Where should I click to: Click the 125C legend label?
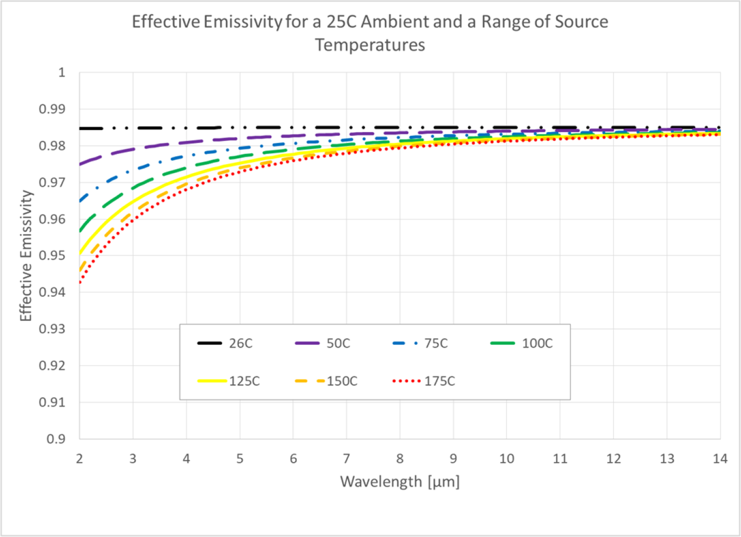pos(244,381)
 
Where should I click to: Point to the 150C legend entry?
pos(342,381)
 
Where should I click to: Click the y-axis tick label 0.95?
pos(52,255)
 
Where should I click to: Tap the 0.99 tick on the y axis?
pos(52,109)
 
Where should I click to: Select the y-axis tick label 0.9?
pos(56,439)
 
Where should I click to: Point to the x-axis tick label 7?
pos(346,459)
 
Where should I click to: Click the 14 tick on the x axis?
pos(720,459)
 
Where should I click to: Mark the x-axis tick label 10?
pos(506,459)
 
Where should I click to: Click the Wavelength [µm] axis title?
pos(400,482)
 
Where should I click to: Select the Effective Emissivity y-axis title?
pos(26,255)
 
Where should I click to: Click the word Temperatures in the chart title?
pos(370,45)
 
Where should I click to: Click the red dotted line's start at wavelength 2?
pos(80,282)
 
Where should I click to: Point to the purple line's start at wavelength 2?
pos(80,164)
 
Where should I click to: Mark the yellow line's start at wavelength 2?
pos(80,253)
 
